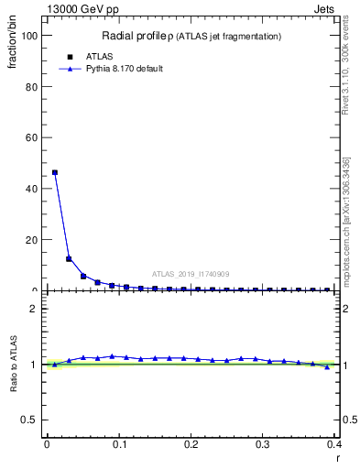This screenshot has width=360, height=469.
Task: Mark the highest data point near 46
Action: (55, 172)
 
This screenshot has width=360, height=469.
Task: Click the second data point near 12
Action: (69, 258)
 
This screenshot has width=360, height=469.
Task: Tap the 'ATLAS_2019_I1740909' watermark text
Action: (191, 273)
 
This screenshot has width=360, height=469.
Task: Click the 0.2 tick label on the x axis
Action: (191, 444)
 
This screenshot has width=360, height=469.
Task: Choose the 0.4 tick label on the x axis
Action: (335, 444)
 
